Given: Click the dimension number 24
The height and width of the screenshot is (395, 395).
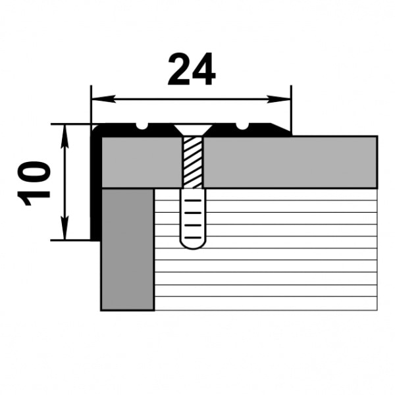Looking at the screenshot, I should [192, 70].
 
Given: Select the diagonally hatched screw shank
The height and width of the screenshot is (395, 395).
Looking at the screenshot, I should [192, 161].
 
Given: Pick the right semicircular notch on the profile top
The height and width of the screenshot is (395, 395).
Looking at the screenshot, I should [244, 125].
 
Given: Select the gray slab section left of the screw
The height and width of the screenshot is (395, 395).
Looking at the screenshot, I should [142, 161].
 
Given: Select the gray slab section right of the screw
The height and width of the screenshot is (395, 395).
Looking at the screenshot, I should [290, 161].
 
